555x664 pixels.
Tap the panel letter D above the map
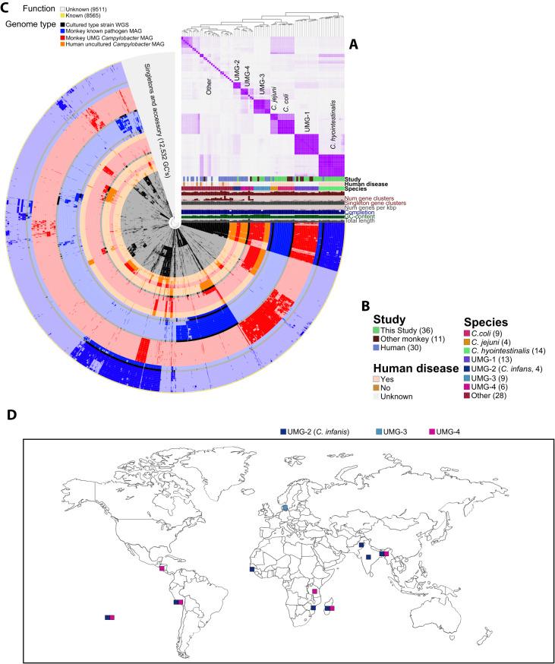click(x=11, y=416)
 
